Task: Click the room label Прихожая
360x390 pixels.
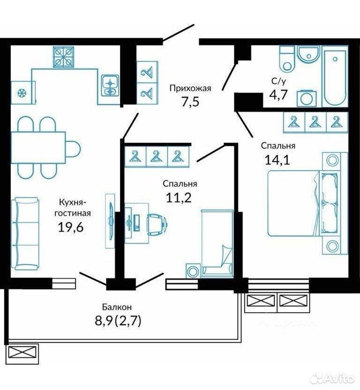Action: tap(190, 88)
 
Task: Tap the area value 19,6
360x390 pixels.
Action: tap(70, 227)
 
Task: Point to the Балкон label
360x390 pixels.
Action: tap(117, 307)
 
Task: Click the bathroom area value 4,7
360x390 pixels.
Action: tap(278, 94)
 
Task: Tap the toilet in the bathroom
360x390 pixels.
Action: tap(287, 59)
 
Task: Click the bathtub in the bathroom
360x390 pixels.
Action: tap(335, 77)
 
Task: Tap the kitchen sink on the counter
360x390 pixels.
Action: tap(110, 85)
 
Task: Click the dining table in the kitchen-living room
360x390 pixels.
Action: tap(38, 148)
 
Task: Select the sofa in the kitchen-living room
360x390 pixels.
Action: tap(25, 234)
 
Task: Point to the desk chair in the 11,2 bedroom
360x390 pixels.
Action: tap(156, 225)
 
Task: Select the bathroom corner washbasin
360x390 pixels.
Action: tap(308, 54)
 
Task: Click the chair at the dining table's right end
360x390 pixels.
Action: tap(73, 149)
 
